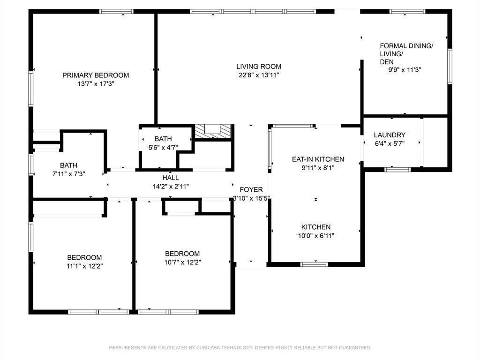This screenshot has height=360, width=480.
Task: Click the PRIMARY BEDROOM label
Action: [x=96, y=75]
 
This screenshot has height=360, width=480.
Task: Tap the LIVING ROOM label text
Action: [x=259, y=67]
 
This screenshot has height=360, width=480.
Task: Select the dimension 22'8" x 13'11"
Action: [x=259, y=75]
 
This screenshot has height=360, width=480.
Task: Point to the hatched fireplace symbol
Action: [x=214, y=131]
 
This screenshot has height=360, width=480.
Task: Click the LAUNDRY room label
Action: [x=390, y=135]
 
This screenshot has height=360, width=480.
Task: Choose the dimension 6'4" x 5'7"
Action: [x=390, y=144]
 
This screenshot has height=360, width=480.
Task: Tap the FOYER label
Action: [x=251, y=189]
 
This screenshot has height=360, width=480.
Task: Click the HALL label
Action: [x=171, y=178]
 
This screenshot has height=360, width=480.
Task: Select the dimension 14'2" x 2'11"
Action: [x=171, y=186]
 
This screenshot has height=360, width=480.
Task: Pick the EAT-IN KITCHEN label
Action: [x=318, y=159]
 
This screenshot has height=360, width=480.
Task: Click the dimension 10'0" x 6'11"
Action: [x=316, y=236]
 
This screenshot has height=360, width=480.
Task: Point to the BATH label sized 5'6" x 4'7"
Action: [x=163, y=139]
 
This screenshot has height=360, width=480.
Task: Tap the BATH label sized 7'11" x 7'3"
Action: [x=68, y=165]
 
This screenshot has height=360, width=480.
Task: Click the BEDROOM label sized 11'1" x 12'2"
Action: [x=84, y=257]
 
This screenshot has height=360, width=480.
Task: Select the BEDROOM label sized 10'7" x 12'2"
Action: [x=182, y=254]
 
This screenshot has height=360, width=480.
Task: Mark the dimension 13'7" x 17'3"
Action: [x=96, y=83]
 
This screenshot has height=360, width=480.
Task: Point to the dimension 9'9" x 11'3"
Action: [x=405, y=70]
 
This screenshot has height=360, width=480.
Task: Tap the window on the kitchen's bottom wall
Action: [x=314, y=264]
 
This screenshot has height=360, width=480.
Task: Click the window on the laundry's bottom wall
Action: [x=398, y=169]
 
